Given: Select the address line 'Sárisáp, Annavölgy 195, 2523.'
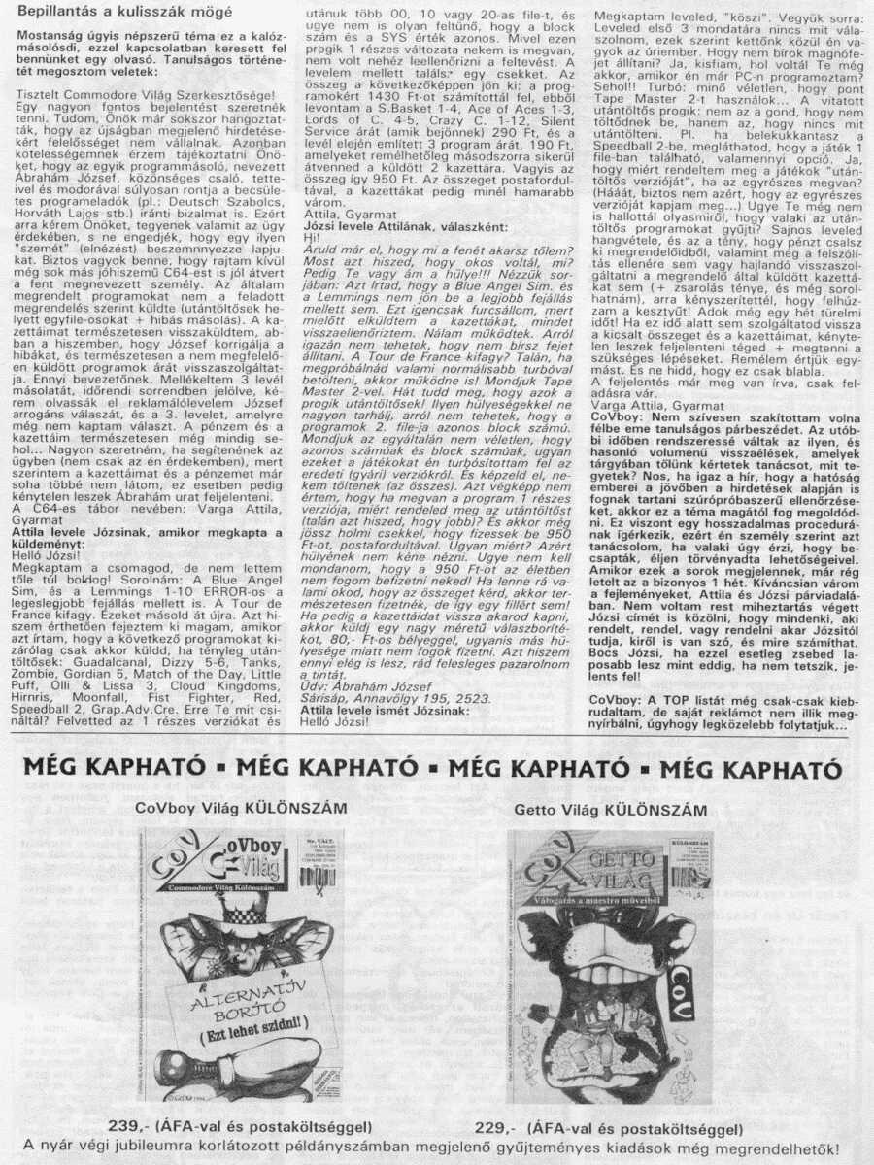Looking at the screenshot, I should [x=384, y=698].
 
